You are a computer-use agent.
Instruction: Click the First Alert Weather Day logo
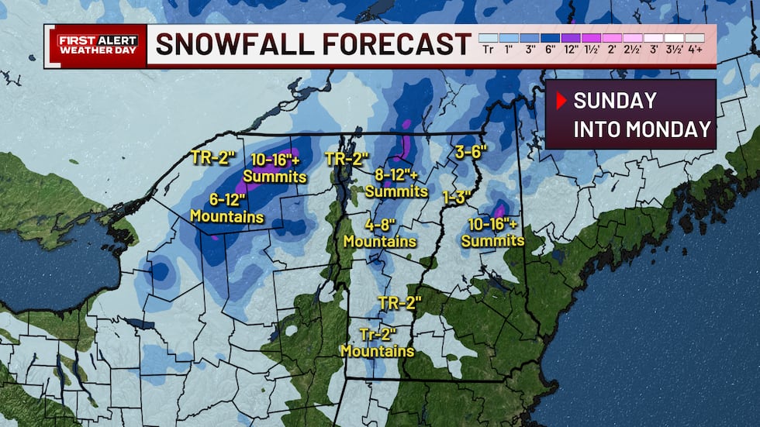(x=95, y=45)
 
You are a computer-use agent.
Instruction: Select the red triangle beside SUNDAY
(x=561, y=101)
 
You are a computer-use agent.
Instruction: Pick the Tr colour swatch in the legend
(x=488, y=38)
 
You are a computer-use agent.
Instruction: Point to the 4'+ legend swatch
(x=694, y=38)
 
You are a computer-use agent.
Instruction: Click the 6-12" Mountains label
(x=228, y=208)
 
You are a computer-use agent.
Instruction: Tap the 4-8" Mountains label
(x=380, y=233)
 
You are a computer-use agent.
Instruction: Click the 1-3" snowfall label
(x=458, y=196)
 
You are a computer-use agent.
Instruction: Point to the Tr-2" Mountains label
(x=378, y=343)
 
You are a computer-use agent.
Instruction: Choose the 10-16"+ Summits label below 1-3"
(x=492, y=232)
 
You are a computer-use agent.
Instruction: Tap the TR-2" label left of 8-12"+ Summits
(x=346, y=158)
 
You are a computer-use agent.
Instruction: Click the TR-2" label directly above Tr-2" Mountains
(x=399, y=302)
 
